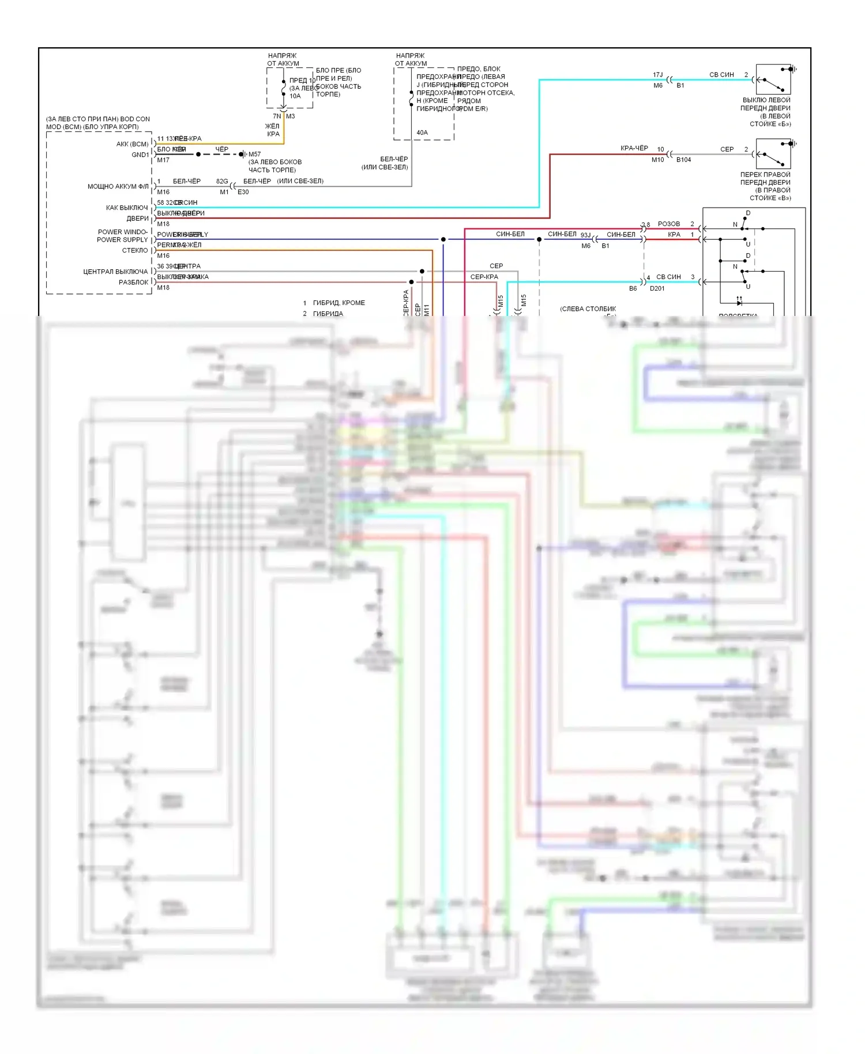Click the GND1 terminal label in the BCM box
[140, 155]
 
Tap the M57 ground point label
[254, 154]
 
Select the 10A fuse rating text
[295, 96]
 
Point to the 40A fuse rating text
[422, 133]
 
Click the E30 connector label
[243, 192]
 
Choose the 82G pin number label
[222, 181]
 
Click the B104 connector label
[683, 160]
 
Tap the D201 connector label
[657, 288]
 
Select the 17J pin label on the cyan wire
[657, 75]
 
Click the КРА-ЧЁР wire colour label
[634, 148]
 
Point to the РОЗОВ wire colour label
[669, 224]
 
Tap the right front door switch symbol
[773, 154]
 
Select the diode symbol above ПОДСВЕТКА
[739, 302]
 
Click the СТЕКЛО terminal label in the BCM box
[135, 250]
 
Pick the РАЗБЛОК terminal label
[133, 283]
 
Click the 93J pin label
[585, 235]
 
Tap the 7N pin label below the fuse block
[277, 116]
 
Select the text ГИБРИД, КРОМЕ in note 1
[339, 303]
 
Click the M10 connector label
[657, 160]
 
